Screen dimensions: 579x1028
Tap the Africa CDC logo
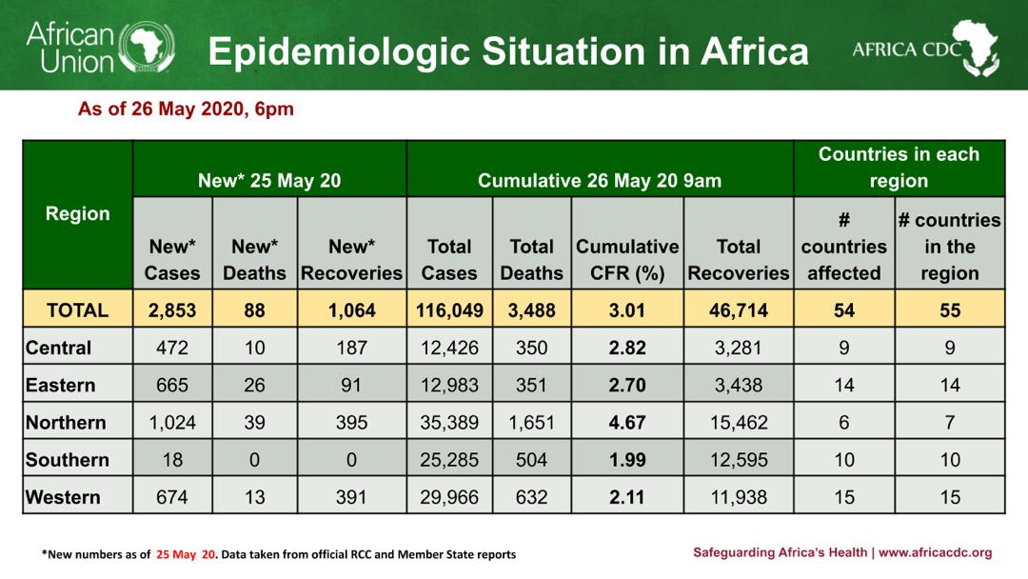coord(924,48)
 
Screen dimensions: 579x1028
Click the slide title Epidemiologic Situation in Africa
coord(507,51)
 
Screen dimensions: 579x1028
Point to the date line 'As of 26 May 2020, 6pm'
coord(186,110)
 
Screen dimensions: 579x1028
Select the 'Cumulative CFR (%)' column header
coord(627,259)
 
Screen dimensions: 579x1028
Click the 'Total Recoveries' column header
coord(739,259)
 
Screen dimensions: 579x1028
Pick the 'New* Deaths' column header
coord(254,259)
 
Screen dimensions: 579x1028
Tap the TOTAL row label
coord(77,310)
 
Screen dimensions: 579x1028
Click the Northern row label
coord(66,422)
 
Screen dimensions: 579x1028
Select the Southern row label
coord(68,460)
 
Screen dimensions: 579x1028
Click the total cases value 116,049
coord(449,310)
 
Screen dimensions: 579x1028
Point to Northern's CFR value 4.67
coord(627,422)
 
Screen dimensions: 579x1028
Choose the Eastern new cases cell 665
coord(172,385)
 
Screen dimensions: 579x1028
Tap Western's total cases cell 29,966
coord(449,497)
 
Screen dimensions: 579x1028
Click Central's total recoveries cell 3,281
coord(739,348)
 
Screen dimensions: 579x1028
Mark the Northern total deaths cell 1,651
coord(531,422)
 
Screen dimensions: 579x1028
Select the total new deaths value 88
coord(254,310)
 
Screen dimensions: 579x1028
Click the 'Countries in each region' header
coord(899,168)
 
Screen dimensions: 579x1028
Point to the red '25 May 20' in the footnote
coord(187,554)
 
